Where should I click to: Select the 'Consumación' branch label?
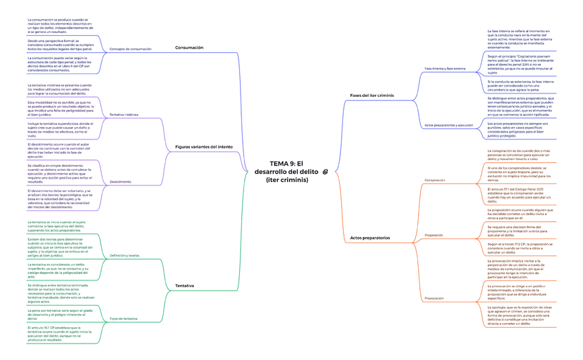point(189,47)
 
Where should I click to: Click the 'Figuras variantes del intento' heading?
point(203,146)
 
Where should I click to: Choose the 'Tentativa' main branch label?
point(184,284)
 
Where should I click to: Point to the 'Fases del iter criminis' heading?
point(372,95)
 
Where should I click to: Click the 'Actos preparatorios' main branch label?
point(370,237)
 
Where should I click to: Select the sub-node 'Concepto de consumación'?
point(131,49)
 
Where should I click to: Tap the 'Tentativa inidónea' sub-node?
point(124,114)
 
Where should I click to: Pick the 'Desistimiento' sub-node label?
point(120,181)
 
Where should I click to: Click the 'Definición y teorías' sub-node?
point(124,255)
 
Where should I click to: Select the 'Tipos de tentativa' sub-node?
point(124,319)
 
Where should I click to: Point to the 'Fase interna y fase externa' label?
point(445,69)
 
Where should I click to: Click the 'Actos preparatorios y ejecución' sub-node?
point(449,125)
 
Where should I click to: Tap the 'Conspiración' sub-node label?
point(434,180)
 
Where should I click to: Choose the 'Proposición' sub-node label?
point(434,235)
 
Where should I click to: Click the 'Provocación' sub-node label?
point(434,298)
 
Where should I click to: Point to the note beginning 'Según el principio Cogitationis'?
point(516,64)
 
